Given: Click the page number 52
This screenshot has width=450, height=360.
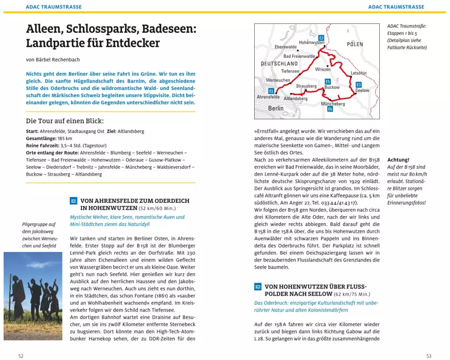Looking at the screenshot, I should (21, 356).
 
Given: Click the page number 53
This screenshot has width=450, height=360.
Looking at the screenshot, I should (428, 356).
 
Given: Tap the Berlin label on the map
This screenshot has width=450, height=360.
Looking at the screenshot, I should (276, 108).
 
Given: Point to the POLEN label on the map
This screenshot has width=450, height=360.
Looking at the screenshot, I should (355, 44).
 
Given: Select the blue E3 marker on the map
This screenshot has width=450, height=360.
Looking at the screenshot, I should (359, 85).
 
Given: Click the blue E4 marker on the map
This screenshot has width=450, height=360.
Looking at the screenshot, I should (330, 109).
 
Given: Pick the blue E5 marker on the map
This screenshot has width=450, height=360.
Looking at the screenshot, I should (328, 81).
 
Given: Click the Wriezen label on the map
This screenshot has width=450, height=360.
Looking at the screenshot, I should (323, 69).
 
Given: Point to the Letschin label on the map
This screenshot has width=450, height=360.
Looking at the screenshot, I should (359, 73).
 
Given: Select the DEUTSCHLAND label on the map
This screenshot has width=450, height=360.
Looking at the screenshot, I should (279, 64).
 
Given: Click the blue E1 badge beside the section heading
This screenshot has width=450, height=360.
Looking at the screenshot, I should (74, 201).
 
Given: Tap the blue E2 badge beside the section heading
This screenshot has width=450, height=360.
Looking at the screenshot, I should (258, 287).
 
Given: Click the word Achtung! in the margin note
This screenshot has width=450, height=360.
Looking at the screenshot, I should (398, 160).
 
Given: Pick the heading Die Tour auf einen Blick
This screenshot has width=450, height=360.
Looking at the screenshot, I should (65, 121).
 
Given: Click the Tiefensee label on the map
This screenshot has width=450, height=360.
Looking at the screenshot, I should (290, 71).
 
